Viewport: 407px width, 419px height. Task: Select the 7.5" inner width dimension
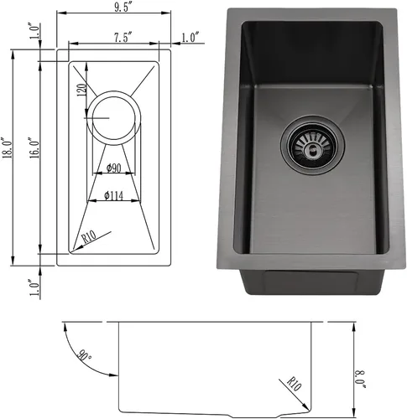pos(123,38)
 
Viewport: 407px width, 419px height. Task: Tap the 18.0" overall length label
pos(8,147)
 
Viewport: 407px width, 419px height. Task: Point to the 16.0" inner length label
pos(34,147)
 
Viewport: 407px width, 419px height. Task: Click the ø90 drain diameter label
pos(114,168)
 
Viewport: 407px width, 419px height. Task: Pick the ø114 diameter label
pos(113,195)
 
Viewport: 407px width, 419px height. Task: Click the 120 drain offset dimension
pos(81,90)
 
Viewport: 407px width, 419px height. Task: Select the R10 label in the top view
pos(89,237)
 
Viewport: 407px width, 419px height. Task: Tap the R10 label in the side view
pos(295,385)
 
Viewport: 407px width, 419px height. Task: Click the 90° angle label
pos(85,354)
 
